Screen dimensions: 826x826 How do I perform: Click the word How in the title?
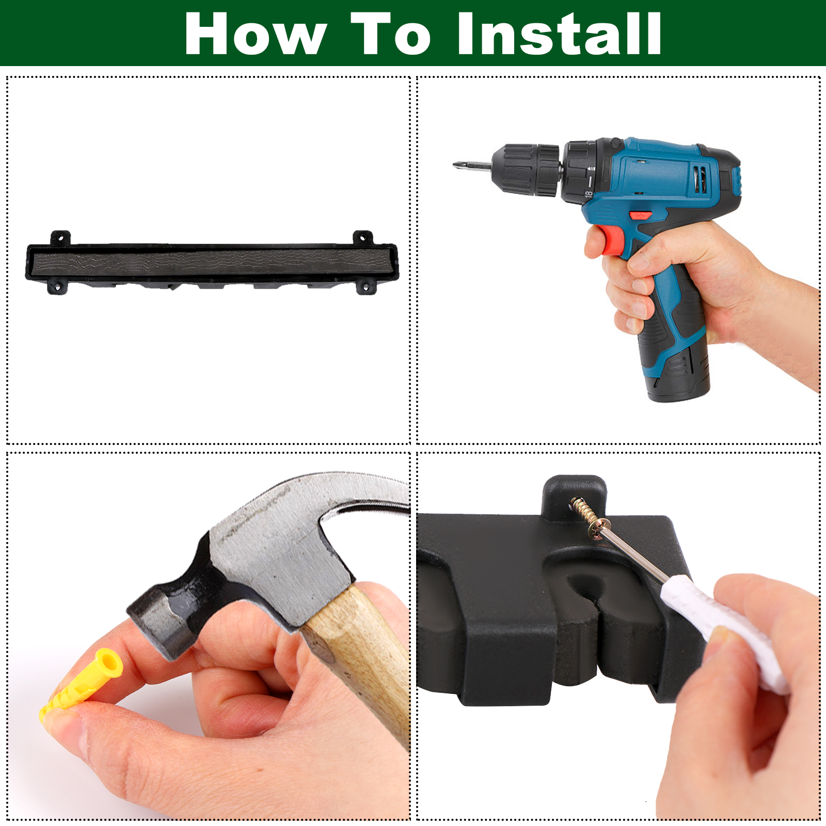pos(256,34)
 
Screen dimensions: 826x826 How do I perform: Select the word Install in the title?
pos(559,34)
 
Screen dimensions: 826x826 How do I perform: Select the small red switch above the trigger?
pos(640,215)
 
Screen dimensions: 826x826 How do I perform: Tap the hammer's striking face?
pos(155,628)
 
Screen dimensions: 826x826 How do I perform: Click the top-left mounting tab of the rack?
pos(60,238)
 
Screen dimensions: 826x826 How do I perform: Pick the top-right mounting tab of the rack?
pos(363,238)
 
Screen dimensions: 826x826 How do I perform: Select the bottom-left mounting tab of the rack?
pos(57,287)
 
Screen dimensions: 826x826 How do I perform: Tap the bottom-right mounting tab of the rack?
pos(366,287)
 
